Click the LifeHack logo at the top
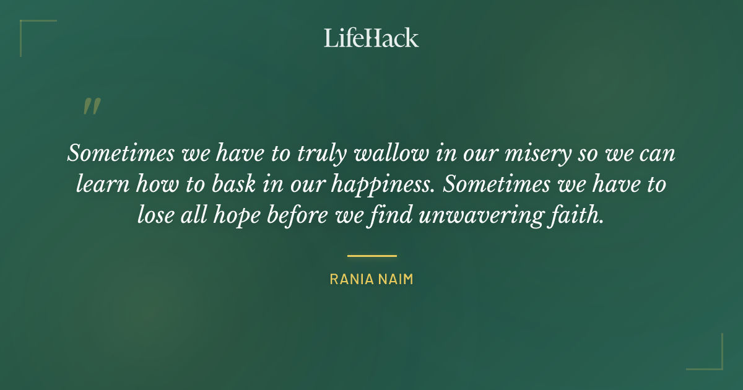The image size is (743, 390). pyautogui.click(x=371, y=37)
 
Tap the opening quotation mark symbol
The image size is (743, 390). pyautogui.click(x=91, y=107)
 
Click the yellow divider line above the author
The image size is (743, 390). pyautogui.click(x=371, y=255)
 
